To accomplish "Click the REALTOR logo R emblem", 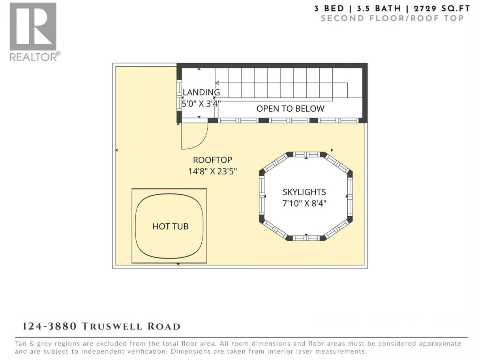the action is click(33, 27).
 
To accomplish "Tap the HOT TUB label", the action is click(171, 227).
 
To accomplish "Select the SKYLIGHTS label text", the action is click(304, 192).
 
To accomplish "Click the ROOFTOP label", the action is click(212, 160).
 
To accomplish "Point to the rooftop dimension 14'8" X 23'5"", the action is click(212, 171).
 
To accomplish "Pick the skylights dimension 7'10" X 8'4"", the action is click(304, 204).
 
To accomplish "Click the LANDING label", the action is click(201, 92).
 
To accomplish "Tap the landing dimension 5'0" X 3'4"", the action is click(201, 103).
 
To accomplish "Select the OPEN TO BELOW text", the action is click(290, 109).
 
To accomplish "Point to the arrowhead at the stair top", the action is click(217, 83).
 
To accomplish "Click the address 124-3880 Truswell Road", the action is click(101, 326).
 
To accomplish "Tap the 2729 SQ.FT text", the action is click(442, 9).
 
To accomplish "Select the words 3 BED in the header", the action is click(329, 9).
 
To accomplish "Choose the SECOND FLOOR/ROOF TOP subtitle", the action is click(392, 19).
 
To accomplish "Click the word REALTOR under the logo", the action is click(33, 57).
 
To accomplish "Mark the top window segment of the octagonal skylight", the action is click(306, 154).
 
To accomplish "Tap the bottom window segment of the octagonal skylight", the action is click(306, 238).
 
